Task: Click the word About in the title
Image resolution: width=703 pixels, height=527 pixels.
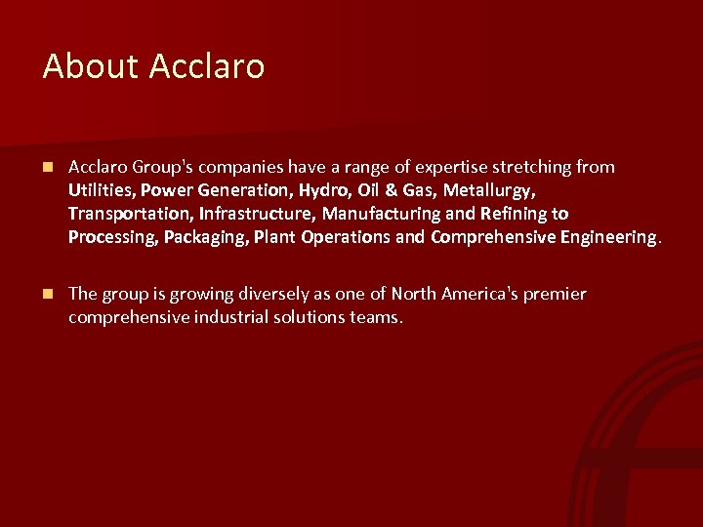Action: coord(91,66)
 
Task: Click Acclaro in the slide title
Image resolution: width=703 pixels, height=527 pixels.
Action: coord(207,66)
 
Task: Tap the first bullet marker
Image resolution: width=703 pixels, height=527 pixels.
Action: coord(48,167)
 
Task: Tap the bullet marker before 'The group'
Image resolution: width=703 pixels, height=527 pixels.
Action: coord(48,294)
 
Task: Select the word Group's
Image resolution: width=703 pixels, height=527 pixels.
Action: coord(160,167)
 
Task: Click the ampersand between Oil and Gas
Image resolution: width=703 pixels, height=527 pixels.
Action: coord(393,190)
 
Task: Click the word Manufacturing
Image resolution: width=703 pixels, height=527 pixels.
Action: coord(371,214)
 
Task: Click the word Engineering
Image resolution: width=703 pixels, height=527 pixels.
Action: coord(610,237)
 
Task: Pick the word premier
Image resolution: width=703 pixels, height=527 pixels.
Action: coord(556,294)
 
